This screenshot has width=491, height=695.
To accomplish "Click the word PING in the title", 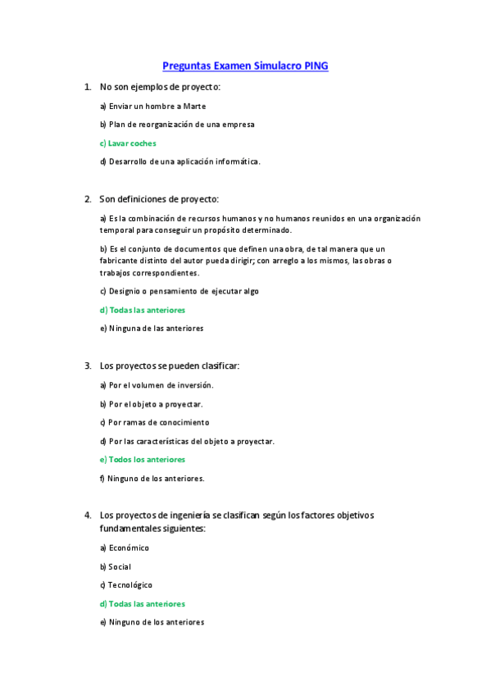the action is click(x=316, y=66).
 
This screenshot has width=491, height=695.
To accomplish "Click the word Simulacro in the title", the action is click(x=275, y=66).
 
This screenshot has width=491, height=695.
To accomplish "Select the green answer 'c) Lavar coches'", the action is click(x=128, y=143).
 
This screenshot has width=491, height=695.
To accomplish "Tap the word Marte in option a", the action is click(x=194, y=106).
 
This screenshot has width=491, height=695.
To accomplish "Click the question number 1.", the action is click(x=88, y=86).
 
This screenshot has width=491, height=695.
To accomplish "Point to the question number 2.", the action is click(x=88, y=199).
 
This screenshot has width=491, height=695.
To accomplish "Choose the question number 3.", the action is click(x=88, y=366).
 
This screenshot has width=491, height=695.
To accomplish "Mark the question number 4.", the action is click(x=88, y=516).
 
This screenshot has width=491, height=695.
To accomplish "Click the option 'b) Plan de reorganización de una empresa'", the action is click(x=177, y=125).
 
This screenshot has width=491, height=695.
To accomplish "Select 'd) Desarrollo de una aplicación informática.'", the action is click(x=180, y=161).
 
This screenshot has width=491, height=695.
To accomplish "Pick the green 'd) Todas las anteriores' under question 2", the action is click(x=143, y=311).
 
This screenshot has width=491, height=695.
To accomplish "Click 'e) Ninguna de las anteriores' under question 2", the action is click(x=152, y=329).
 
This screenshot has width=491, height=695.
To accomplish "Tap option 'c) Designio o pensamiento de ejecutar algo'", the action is click(x=180, y=291).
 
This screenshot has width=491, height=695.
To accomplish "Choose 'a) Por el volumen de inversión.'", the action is click(x=157, y=385).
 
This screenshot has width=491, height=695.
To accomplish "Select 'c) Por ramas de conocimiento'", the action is click(x=154, y=423).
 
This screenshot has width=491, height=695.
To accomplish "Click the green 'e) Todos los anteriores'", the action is click(x=143, y=460).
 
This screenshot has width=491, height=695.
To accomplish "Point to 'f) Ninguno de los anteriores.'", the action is click(x=152, y=479).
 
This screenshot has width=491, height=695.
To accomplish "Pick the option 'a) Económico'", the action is click(x=125, y=548).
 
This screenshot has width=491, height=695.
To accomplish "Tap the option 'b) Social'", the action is click(x=116, y=567).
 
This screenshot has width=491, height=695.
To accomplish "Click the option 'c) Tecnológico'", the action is click(x=126, y=585).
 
